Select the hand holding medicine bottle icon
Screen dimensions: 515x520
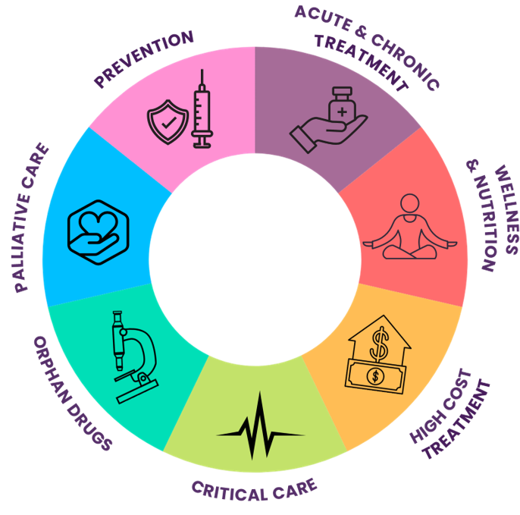[328, 122]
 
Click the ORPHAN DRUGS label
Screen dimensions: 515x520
[73, 394]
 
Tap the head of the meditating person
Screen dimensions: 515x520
[410, 204]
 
